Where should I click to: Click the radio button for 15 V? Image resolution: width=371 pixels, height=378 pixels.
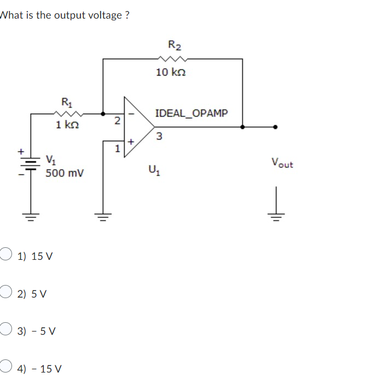point(5,254)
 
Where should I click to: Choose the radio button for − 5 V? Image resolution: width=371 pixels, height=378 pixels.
point(5,330)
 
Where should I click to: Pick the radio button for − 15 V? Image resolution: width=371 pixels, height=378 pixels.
point(5,367)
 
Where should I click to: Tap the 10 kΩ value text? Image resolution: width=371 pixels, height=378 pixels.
point(171,72)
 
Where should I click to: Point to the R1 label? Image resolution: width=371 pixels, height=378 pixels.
point(66,101)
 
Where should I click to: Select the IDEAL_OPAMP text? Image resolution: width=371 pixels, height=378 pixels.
point(192,114)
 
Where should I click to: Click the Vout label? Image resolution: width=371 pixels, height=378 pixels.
point(282,163)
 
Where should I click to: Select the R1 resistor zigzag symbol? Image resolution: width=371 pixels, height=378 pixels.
point(68,113)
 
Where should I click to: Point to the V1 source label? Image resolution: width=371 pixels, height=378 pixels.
point(50,161)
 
